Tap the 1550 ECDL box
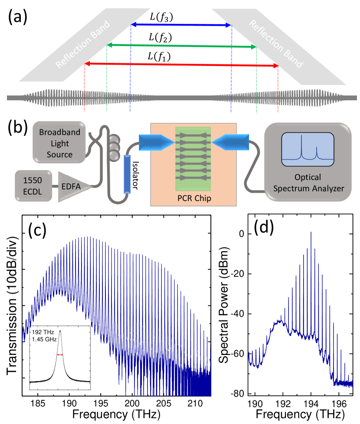32,186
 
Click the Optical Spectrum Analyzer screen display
308,150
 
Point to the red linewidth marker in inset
60,355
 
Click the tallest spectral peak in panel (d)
311,233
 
